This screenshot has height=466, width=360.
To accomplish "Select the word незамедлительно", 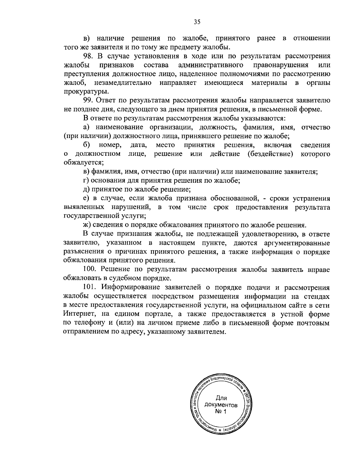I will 122,83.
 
